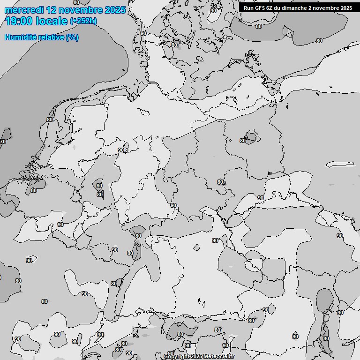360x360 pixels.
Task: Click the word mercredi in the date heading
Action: tap(22, 10)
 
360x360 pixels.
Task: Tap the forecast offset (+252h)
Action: tap(83, 21)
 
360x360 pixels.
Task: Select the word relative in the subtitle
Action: tap(51, 37)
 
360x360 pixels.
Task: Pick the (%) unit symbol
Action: tap(72, 37)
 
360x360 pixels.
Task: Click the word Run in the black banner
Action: tap(249, 8)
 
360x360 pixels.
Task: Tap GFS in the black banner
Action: tap(261, 8)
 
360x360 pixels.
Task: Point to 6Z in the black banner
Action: tap(271, 8)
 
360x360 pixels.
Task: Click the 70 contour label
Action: tap(3, 142)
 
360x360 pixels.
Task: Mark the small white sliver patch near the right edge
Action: tap(340, 165)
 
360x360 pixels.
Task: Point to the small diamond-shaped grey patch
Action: tap(197, 247)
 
